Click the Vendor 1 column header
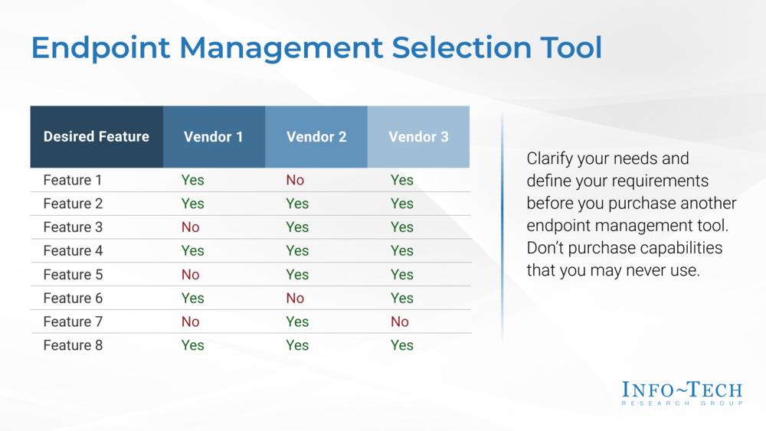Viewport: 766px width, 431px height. pos(214,137)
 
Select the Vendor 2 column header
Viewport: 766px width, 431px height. pos(316,137)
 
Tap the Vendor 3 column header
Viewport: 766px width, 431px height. pos(419,137)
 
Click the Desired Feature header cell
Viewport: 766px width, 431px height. pos(97,137)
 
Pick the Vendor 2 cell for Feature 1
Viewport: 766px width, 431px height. pos(295,180)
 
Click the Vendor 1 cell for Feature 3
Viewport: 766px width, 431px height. pos(191,227)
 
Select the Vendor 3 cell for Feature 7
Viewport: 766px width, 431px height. pos(400,322)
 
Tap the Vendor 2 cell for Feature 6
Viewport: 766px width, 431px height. pos(295,299)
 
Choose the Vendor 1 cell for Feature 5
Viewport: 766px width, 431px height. pos(191,275)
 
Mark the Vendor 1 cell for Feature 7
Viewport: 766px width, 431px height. pos(191,322)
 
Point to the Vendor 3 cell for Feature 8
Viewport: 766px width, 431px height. pos(402,345)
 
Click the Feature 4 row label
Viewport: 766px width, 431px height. pos(74,251)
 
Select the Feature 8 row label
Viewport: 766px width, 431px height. pos(74,345)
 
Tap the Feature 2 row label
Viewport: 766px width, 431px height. pos(74,204)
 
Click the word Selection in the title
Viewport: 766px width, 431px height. pos(461,47)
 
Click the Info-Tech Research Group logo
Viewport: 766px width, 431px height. pos(682,393)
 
